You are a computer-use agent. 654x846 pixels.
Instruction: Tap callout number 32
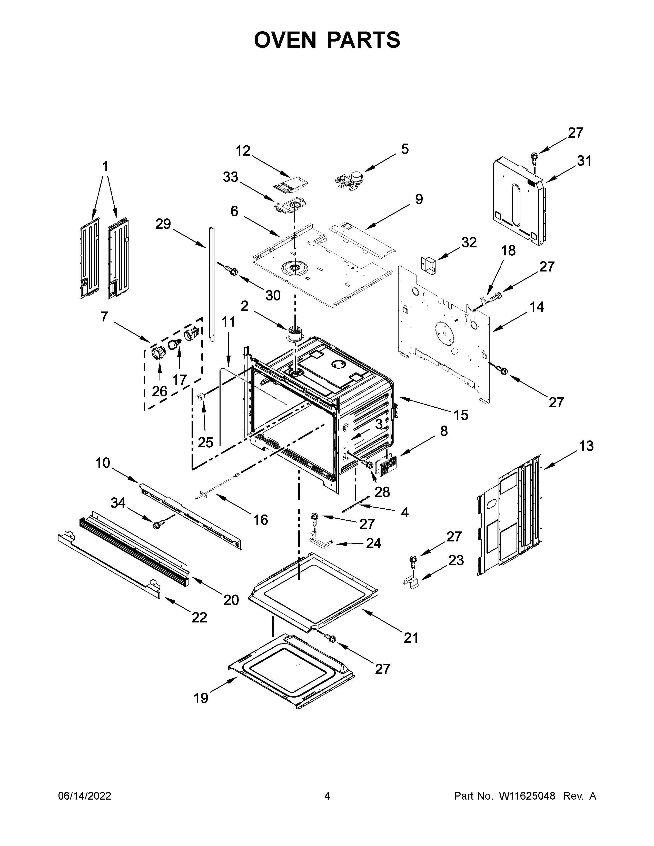[x=469, y=243]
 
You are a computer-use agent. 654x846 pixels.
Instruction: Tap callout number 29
[x=163, y=224]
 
